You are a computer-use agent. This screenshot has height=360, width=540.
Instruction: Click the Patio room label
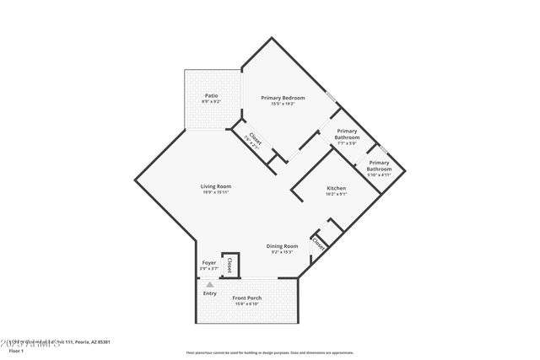coord(211,95)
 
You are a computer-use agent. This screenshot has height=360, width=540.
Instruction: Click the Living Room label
coord(216,185)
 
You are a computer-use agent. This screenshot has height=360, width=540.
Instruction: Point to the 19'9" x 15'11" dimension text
coord(216,192)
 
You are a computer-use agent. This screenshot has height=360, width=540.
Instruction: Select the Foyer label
coord(209,263)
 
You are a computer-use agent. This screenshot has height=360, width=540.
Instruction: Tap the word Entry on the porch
coord(209,293)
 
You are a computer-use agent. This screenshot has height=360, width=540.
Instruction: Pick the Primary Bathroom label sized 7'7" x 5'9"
coord(348,134)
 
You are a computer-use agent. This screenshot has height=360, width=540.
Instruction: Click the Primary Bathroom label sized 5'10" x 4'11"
coord(379,165)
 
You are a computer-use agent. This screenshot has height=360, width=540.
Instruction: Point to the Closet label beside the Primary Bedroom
coord(249,139)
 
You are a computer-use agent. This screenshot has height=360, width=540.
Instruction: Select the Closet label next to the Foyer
coord(229,265)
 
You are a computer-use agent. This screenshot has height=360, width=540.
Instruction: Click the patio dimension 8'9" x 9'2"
coord(211,101)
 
